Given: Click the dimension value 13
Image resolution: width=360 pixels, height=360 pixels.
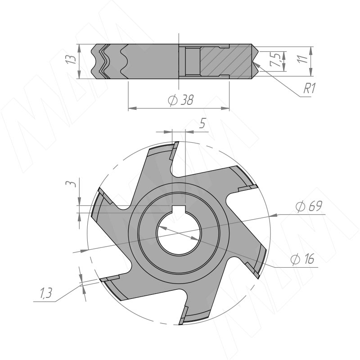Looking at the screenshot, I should click(x=70, y=60).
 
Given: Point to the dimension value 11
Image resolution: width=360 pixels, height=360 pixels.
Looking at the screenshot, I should click(x=305, y=58).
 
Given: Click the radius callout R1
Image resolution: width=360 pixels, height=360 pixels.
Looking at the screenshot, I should click(x=308, y=89).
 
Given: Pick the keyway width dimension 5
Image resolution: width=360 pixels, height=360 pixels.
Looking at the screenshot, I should click(x=203, y=124).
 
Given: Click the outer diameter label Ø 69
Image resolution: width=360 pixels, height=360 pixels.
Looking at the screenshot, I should click(x=309, y=207).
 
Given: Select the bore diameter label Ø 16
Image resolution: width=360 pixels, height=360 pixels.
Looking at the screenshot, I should click(x=302, y=259).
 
